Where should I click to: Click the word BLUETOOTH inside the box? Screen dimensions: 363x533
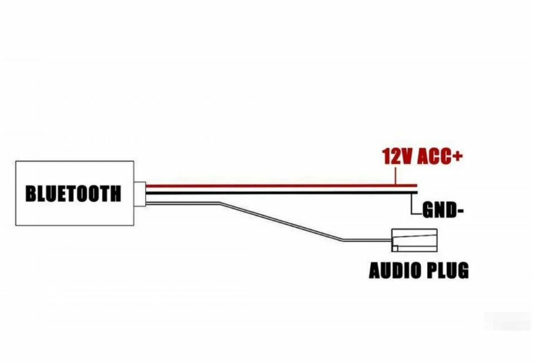point(73,193)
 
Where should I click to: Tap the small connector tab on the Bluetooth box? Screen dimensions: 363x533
point(139,193)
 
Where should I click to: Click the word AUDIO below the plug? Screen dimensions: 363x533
point(393,271)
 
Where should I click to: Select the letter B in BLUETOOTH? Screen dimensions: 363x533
point(31,193)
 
